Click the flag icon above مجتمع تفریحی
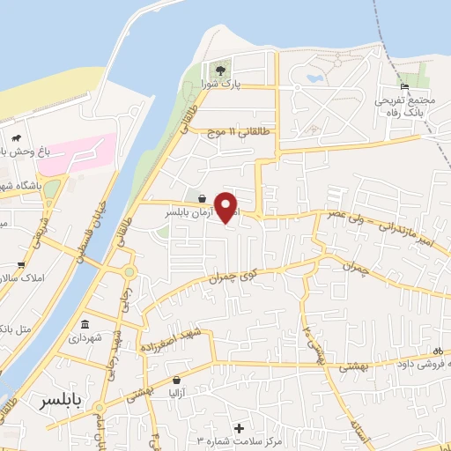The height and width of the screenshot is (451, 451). coord(403,86)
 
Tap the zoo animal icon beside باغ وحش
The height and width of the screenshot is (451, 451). coord(17,138)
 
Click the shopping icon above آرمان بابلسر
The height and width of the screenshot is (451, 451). coord(203,198)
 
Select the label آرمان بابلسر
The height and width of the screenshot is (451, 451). coord(191,213)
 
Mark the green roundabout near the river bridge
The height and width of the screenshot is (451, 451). coord(129,272)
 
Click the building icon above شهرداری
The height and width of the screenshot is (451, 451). coord(85,322)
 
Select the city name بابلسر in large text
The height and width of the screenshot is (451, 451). coord(62,402)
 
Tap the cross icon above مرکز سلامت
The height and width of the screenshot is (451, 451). coord(238,427)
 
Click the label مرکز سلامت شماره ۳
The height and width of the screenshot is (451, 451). coord(238,440)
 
